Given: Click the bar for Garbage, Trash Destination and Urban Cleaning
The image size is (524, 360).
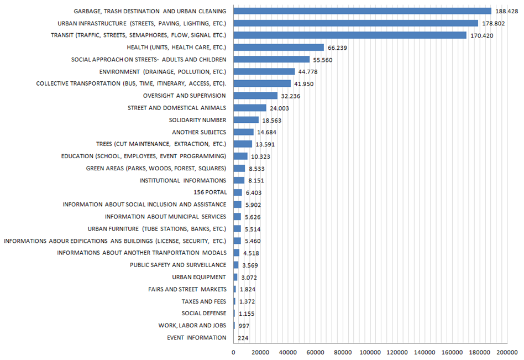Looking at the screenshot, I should pos(362,11).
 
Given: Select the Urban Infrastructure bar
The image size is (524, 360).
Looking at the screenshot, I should pos(355,23).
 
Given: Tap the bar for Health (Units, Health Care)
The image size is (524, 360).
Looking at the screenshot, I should pos(279,48).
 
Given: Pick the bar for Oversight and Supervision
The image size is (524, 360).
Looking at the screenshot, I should pos(255,96).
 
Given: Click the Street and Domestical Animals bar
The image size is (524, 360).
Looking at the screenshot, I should pos(250,108).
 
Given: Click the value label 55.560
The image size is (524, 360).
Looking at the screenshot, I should pos(323,60).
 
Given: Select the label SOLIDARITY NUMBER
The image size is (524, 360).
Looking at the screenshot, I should pos(197,120).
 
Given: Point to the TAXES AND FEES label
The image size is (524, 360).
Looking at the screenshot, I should pos(203,301).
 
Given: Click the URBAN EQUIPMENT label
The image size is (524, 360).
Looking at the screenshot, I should pos(199,277).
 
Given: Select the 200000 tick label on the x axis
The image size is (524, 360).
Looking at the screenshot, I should pos(506,352).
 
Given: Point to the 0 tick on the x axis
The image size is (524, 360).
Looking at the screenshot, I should pos(233,352).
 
